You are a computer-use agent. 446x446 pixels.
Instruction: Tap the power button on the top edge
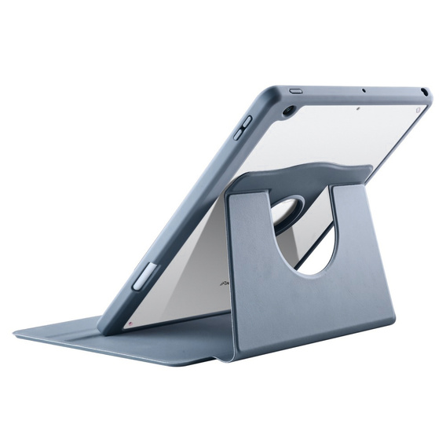296,90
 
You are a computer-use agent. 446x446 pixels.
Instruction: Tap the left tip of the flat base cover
19,334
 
